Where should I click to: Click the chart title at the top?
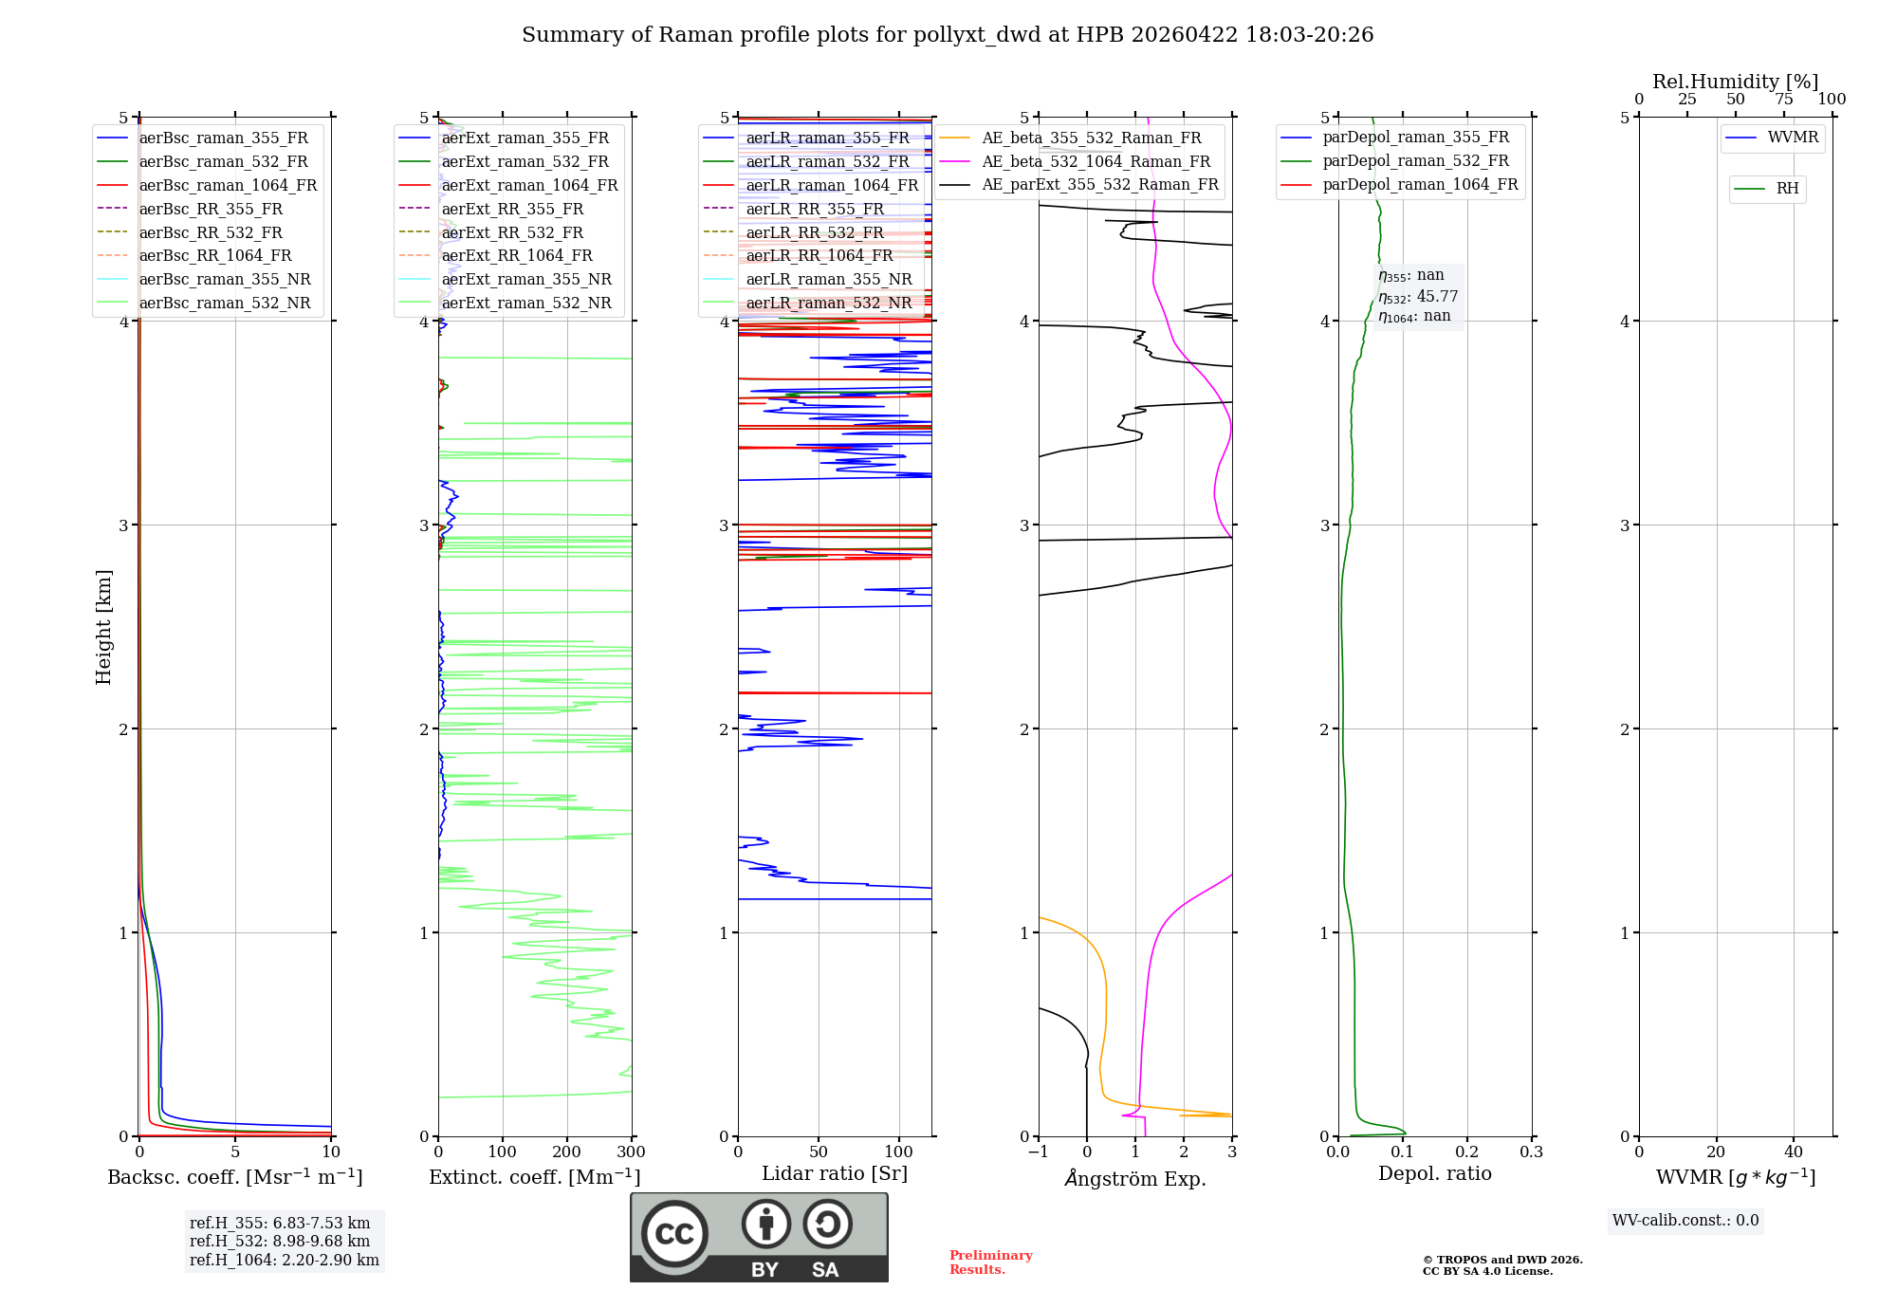click(948, 35)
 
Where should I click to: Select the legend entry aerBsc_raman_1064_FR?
click(228, 185)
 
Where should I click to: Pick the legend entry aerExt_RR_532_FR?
click(512, 232)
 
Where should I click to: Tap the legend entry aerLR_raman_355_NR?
click(829, 279)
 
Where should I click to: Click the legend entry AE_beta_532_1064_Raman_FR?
click(1096, 161)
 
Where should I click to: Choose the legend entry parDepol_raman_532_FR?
click(1415, 161)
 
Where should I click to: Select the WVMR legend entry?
click(1793, 138)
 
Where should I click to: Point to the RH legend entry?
click(1787, 189)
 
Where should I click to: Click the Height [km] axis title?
click(103, 627)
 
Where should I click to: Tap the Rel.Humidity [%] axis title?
click(1735, 82)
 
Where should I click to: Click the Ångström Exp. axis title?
click(1135, 1179)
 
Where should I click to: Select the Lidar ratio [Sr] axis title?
click(835, 1173)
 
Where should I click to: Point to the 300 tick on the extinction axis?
click(631, 1152)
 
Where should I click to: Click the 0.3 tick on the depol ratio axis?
click(1531, 1152)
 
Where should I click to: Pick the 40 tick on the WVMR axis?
click(1793, 1152)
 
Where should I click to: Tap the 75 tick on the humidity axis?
click(1783, 100)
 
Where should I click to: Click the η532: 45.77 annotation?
click(1418, 297)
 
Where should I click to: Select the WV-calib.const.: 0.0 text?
click(1685, 1221)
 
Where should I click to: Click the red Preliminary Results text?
click(990, 1262)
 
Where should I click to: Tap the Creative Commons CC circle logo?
click(674, 1234)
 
